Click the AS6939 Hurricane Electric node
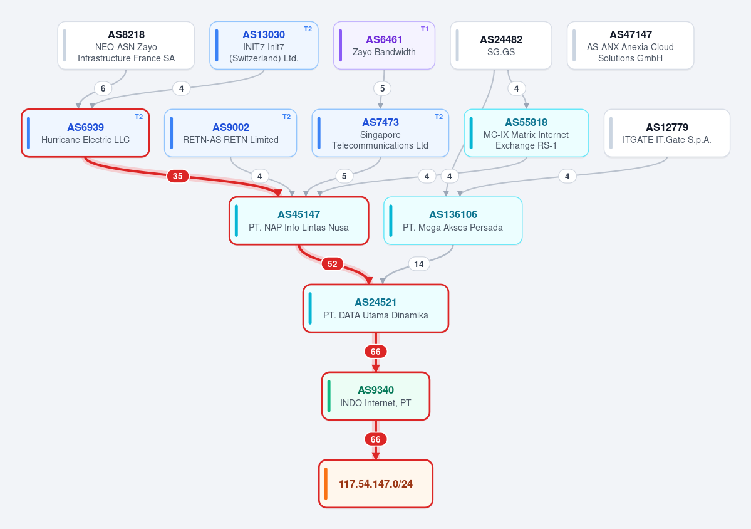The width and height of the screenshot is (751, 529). [85, 134]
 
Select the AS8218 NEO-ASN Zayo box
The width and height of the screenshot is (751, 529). [126, 46]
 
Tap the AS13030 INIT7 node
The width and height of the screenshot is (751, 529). [264, 46]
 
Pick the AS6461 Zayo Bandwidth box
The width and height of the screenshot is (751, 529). [384, 46]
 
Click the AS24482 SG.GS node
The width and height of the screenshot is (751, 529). [501, 46]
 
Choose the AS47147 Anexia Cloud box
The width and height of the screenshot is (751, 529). [630, 46]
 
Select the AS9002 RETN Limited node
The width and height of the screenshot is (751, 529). [230, 134]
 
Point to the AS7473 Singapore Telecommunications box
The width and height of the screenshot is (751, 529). [380, 134]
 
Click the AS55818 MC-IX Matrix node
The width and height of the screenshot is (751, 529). [526, 134]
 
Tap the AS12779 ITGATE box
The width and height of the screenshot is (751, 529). [666, 134]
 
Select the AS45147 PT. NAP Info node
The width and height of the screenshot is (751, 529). [299, 221]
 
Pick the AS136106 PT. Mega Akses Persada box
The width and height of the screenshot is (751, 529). [453, 221]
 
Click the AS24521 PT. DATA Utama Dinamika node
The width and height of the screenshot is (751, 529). [376, 308]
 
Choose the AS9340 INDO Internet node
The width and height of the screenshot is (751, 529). [376, 396]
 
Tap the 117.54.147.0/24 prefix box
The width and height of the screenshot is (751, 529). [376, 484]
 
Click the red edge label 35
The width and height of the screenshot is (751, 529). [178, 176]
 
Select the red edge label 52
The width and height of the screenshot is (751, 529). [333, 264]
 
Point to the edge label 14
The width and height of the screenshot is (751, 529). [419, 264]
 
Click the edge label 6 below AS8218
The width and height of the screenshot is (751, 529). [103, 88]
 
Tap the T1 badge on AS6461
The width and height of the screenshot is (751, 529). [425, 29]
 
